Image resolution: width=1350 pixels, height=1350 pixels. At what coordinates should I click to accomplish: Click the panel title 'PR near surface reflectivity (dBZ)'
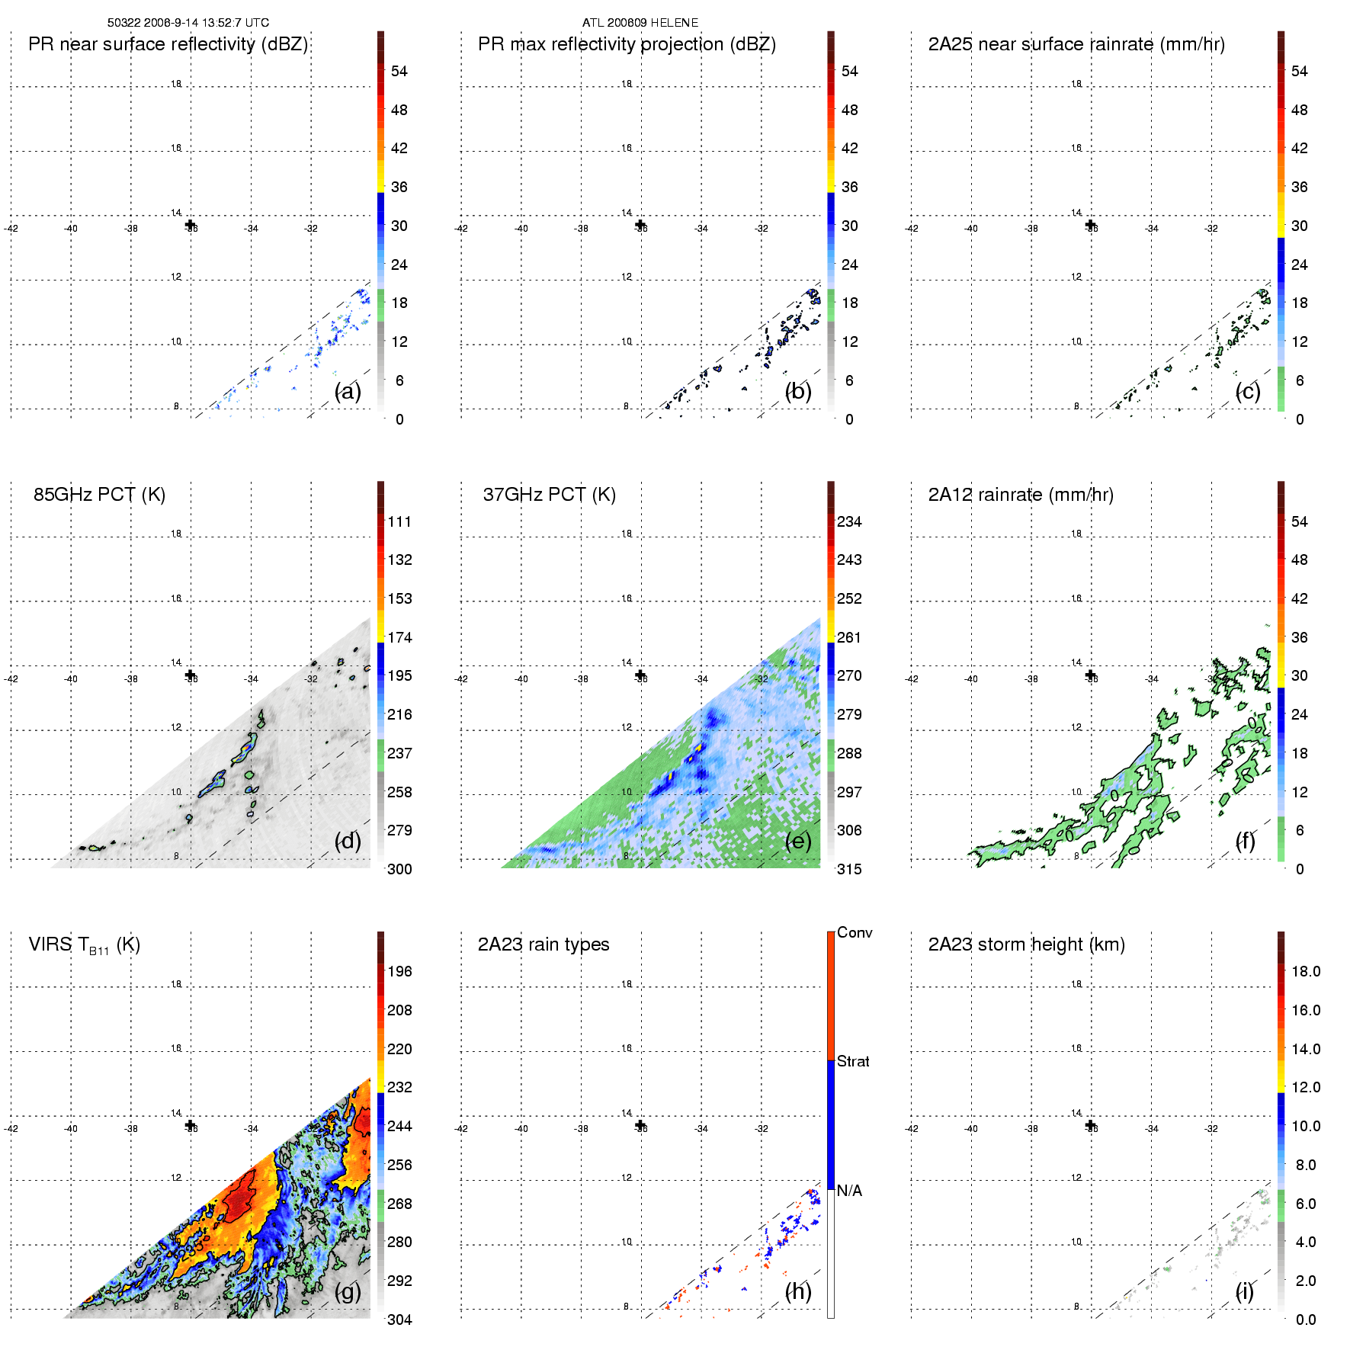click(168, 44)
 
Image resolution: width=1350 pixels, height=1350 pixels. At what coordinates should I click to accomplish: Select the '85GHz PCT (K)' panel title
click(99, 495)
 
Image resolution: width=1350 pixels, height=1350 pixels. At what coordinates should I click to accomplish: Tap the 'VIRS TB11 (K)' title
click(84, 945)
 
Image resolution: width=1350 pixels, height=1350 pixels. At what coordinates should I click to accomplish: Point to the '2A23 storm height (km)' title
click(1026, 944)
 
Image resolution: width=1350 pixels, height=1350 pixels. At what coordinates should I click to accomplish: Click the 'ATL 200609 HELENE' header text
click(640, 23)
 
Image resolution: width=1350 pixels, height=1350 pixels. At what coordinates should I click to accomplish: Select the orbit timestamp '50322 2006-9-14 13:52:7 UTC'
click(188, 23)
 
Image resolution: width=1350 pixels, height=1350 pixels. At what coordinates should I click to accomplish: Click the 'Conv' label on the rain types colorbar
click(854, 933)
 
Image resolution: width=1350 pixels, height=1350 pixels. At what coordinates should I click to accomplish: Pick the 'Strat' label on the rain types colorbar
click(853, 1061)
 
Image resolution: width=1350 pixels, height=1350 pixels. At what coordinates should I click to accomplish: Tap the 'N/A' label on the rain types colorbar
click(849, 1191)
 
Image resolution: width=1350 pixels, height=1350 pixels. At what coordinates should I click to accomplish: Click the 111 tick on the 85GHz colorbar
click(399, 522)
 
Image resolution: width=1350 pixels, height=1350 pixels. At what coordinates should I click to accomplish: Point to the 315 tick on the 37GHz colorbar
click(849, 869)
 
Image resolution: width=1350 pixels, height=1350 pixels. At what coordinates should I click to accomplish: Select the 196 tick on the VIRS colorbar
click(399, 972)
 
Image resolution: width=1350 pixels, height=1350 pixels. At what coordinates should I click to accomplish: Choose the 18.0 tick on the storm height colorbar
click(1305, 972)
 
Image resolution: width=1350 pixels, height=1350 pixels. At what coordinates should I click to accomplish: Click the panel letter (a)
click(348, 392)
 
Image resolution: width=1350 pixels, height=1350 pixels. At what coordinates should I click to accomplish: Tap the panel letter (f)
click(1245, 841)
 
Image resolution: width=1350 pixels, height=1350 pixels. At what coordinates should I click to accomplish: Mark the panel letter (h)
click(797, 1291)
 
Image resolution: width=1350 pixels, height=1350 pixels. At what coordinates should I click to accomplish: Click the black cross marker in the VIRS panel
click(191, 1125)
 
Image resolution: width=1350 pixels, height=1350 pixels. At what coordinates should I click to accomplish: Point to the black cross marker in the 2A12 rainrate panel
click(1091, 675)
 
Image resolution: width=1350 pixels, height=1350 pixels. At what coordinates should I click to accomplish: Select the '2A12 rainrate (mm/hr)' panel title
click(1021, 495)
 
